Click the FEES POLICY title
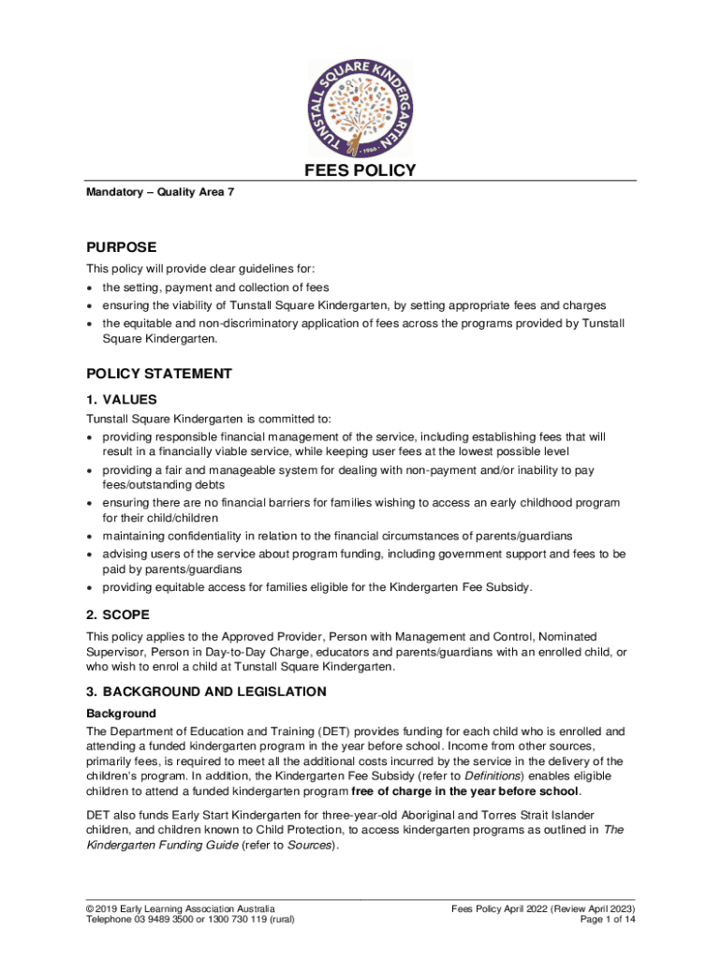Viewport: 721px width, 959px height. pyautogui.click(x=360, y=170)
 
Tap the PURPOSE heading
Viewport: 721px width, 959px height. pyautogui.click(x=122, y=248)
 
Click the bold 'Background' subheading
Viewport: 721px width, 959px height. pyautogui.click(x=121, y=714)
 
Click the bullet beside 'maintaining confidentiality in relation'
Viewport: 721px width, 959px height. pyautogui.click(x=90, y=536)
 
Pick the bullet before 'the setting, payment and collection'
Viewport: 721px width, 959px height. pyautogui.click(x=90, y=288)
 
